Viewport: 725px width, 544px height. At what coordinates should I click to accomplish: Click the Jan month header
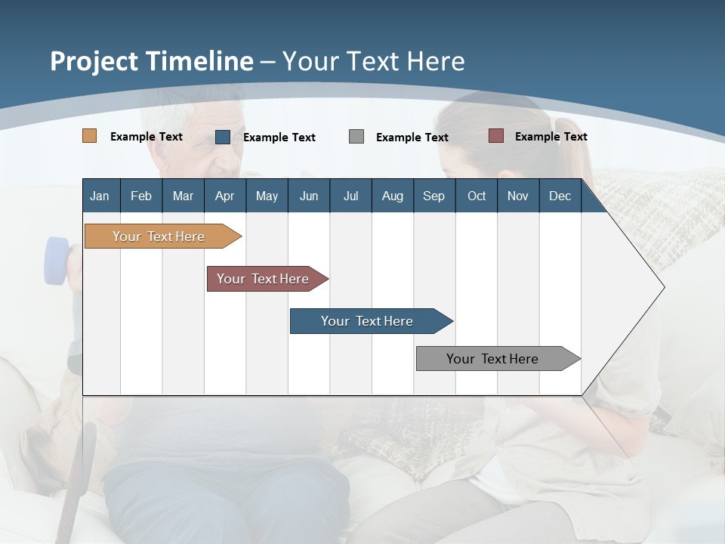pyautogui.click(x=100, y=196)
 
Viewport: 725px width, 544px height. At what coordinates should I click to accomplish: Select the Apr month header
pyautogui.click(x=225, y=196)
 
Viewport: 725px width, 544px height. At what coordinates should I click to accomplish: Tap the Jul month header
pyautogui.click(x=350, y=196)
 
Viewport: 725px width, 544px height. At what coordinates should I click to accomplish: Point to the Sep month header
pyautogui.click(x=433, y=196)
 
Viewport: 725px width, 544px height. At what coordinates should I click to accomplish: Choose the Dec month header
pyautogui.click(x=560, y=196)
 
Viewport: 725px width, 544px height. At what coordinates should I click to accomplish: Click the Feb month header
pyautogui.click(x=141, y=196)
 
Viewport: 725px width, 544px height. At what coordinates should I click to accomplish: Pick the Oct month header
pyautogui.click(x=477, y=196)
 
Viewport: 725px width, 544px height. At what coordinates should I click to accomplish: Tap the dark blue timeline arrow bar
pyautogui.click(x=368, y=321)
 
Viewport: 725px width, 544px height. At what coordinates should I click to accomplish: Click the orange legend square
pyautogui.click(x=90, y=136)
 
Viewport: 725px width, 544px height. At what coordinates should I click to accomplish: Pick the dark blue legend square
pyautogui.click(x=223, y=137)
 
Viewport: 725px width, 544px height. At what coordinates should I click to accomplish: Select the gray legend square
pyautogui.click(x=356, y=137)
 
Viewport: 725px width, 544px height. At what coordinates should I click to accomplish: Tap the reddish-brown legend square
pyautogui.click(x=496, y=136)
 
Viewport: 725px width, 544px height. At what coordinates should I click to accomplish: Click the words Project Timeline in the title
pyautogui.click(x=151, y=61)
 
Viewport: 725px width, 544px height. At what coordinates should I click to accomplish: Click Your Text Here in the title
pyautogui.click(x=374, y=61)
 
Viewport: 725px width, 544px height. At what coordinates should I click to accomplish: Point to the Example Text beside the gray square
pyautogui.click(x=412, y=138)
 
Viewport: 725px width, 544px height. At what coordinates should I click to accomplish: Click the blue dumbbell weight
pyautogui.click(x=57, y=261)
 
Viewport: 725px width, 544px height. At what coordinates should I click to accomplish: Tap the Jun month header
pyautogui.click(x=309, y=196)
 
